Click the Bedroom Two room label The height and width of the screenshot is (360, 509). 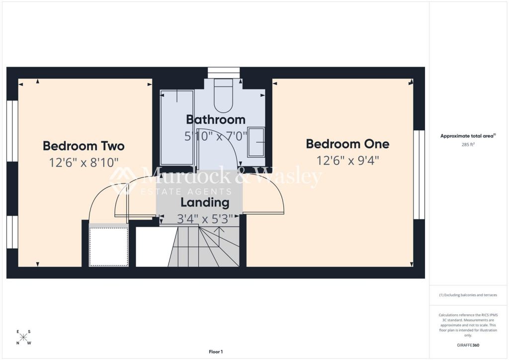point(84,146)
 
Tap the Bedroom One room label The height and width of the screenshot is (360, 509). point(347,144)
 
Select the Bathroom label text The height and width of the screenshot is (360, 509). point(216,119)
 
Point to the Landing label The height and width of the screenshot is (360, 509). point(205,202)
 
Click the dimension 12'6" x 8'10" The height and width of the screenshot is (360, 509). point(84,162)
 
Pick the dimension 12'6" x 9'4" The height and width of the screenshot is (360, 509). point(347,161)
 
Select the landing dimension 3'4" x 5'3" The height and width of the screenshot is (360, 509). point(205,219)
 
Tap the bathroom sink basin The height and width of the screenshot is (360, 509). point(256,143)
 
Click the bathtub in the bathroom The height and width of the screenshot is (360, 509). point(177,127)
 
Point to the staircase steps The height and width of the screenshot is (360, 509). point(204,247)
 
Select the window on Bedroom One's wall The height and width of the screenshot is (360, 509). point(419,175)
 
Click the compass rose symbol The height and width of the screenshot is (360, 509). point(23,337)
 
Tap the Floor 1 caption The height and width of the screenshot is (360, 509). point(216,352)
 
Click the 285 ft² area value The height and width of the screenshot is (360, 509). point(468,145)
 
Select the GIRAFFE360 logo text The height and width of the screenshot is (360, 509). point(468,345)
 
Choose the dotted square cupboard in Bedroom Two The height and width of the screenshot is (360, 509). point(108,247)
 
